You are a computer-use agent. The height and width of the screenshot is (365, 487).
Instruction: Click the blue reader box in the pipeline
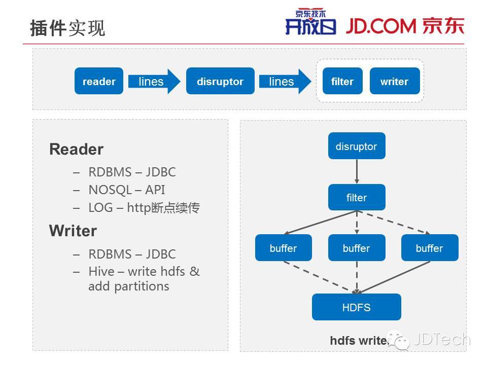(99, 81)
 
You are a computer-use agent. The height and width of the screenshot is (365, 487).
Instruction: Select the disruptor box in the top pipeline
(220, 81)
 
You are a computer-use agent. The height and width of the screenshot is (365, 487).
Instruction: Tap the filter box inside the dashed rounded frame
(342, 81)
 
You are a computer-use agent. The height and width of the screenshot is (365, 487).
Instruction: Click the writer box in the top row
(394, 81)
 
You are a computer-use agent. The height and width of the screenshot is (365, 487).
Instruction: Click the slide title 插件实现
(67, 28)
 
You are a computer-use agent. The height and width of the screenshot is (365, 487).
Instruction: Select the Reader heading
(76, 150)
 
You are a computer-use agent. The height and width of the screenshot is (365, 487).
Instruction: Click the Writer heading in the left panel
(73, 231)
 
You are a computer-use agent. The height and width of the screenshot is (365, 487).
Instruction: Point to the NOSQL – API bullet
(126, 190)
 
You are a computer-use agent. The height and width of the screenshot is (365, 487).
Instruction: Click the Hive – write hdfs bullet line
(144, 272)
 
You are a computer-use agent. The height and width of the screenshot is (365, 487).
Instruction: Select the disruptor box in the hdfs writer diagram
(357, 147)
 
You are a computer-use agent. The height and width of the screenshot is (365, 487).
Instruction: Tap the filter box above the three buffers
(357, 198)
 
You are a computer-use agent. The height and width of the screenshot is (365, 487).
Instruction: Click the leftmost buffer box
(283, 248)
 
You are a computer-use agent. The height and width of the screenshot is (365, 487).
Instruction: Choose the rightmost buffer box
(429, 248)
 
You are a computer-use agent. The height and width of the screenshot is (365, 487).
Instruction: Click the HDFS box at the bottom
(357, 307)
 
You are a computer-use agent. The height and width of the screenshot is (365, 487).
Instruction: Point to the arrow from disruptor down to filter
(357, 172)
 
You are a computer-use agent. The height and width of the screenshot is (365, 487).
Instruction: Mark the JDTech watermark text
(441, 339)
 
